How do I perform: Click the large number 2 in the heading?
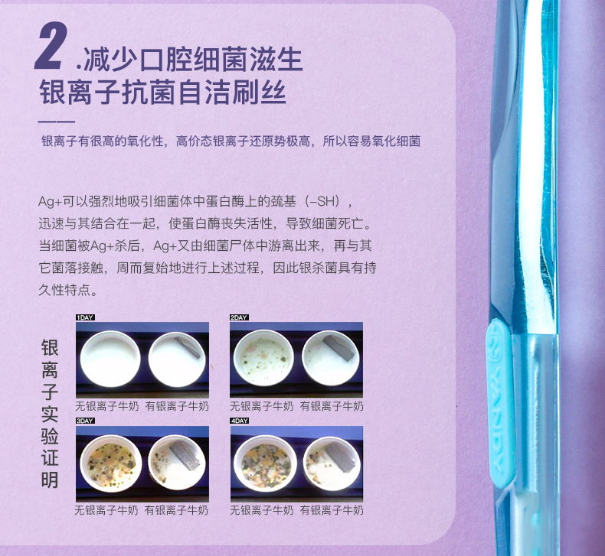(x=51, y=45)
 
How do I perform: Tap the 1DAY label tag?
(x=85, y=317)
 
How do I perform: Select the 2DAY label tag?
(x=239, y=317)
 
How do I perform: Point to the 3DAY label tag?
(x=85, y=421)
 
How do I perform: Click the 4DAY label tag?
(x=240, y=421)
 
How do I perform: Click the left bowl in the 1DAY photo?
(x=110, y=359)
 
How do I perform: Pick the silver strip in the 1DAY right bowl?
(x=188, y=346)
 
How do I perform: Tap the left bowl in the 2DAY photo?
(x=264, y=358)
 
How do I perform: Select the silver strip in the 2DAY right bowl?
(x=338, y=347)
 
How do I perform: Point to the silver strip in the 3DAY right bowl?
(x=185, y=454)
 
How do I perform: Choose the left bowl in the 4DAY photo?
(x=265, y=464)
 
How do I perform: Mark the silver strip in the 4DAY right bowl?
(x=339, y=457)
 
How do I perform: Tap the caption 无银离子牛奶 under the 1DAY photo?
(x=106, y=406)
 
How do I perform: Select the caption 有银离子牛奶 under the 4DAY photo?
(x=332, y=510)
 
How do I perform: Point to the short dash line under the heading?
(x=57, y=122)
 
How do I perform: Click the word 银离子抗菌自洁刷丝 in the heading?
(x=163, y=93)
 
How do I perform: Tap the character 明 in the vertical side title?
(x=50, y=480)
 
